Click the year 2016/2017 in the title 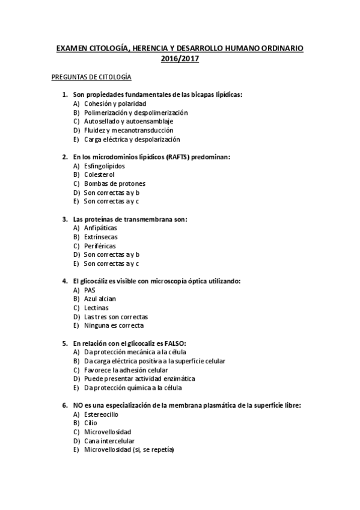pyautogui.click(x=180, y=59)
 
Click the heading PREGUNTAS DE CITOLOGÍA pyautogui.click(x=91, y=78)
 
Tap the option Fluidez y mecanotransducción pyautogui.click(x=129, y=130)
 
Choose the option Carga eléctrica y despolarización pyautogui.click(x=132, y=139)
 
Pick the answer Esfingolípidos pyautogui.click(x=105, y=165)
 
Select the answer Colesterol pyautogui.click(x=99, y=174)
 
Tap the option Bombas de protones pyautogui.click(x=114, y=183)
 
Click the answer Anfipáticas pyautogui.click(x=100, y=228)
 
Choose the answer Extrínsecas pyautogui.click(x=100, y=237)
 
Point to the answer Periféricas pyautogui.click(x=100, y=246)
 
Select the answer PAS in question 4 pyautogui.click(x=90, y=290)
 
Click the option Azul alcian pyautogui.click(x=100, y=299)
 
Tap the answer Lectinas pyautogui.click(x=96, y=308)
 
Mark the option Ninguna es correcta pyautogui.click(x=114, y=325)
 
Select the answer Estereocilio pyautogui.click(x=101, y=414)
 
